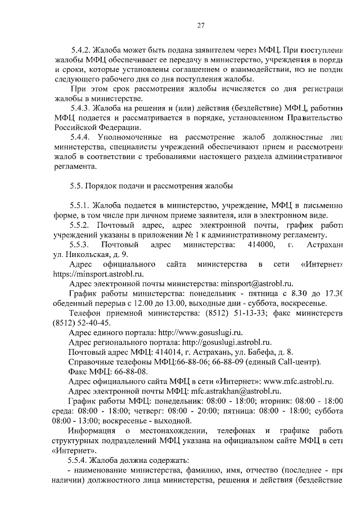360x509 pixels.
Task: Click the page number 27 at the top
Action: tap(200, 25)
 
